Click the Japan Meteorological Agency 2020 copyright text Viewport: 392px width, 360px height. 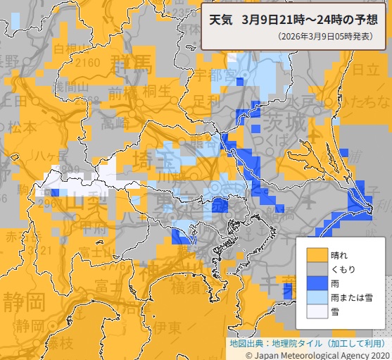coord(318,354)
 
